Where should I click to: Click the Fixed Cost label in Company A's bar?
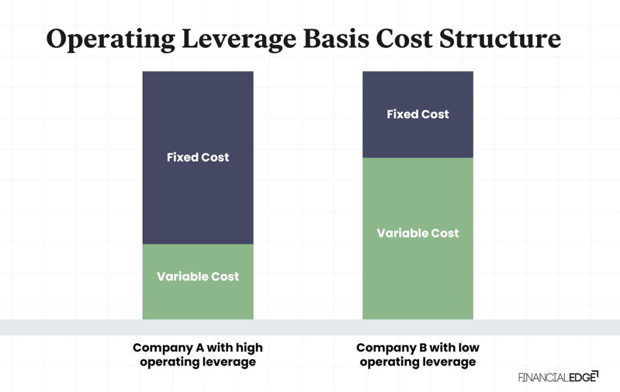[198, 158]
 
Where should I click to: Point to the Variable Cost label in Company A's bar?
[198, 277]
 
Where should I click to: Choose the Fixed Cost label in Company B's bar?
[418, 115]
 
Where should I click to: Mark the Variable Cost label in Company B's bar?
[418, 233]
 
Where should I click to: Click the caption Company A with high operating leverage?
[198, 355]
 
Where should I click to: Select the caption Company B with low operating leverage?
[418, 355]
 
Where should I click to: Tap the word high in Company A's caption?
[249, 348]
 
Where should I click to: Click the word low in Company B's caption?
[468, 348]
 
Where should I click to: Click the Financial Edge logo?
[558, 377]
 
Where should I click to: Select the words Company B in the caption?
[387, 348]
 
